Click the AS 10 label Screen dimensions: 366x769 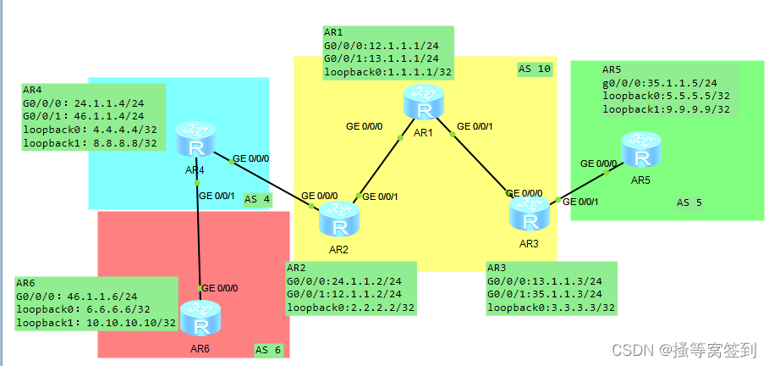tap(534, 69)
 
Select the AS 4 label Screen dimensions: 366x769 tap(257, 200)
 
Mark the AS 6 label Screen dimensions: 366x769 tap(267, 350)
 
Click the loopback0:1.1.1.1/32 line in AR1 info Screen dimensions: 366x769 tap(382, 72)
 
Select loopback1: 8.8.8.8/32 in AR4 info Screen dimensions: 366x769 tap(90, 142)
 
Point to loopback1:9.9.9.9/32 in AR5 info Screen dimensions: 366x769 tap(665, 108)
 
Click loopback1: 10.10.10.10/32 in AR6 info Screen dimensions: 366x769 tap(96, 323)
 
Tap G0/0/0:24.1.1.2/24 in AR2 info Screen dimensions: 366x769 tap(343, 280)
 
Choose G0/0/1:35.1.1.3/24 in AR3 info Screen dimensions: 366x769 tap(545, 294)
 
